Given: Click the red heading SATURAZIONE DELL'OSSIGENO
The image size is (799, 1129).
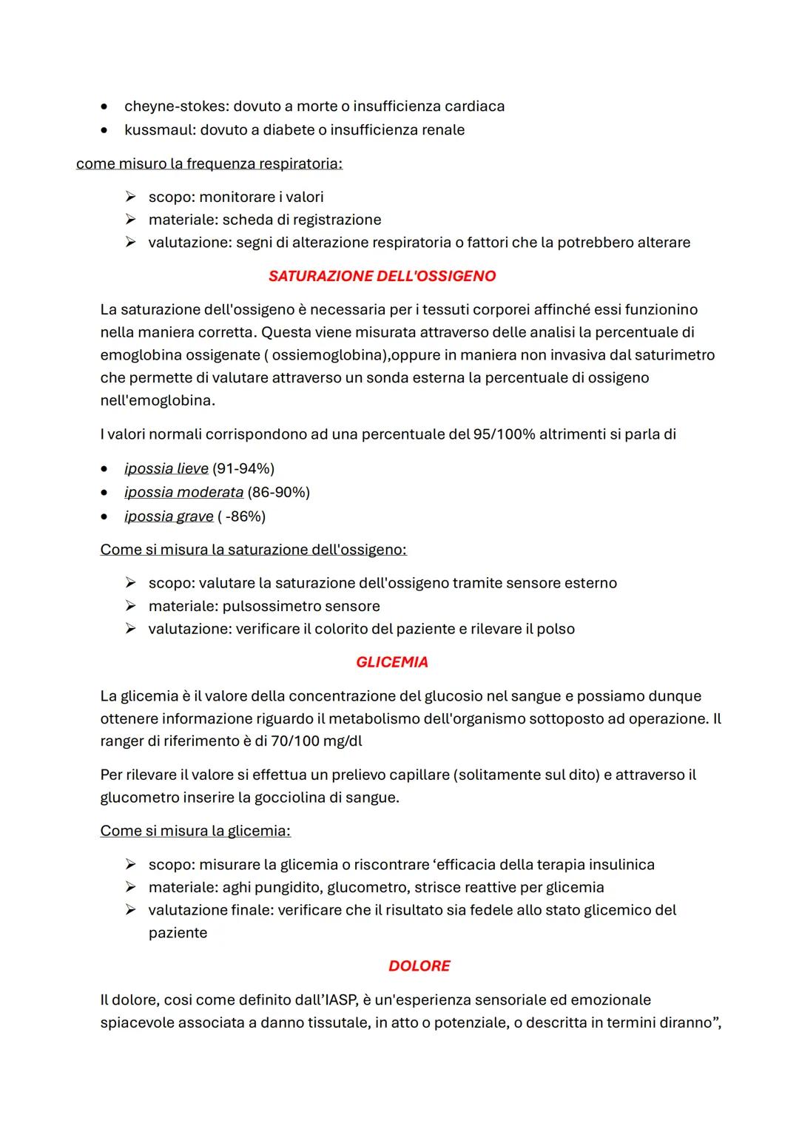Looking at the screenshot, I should click(x=382, y=276).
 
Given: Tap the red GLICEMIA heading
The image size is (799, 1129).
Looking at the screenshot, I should click(x=391, y=662).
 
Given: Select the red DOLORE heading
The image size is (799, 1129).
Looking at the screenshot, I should click(x=419, y=965).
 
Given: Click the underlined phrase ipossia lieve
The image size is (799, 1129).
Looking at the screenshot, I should click(x=166, y=468).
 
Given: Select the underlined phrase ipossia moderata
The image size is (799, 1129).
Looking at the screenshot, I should click(x=183, y=492).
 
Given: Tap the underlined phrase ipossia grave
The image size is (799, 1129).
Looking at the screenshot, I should click(x=169, y=516).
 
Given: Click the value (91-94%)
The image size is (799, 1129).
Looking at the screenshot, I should click(x=243, y=468).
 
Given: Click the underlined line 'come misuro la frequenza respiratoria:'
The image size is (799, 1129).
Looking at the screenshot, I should click(x=209, y=164).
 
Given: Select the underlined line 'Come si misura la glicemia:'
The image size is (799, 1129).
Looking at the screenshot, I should click(x=195, y=831).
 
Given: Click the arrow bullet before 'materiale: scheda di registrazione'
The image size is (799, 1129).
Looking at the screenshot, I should click(x=130, y=220).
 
